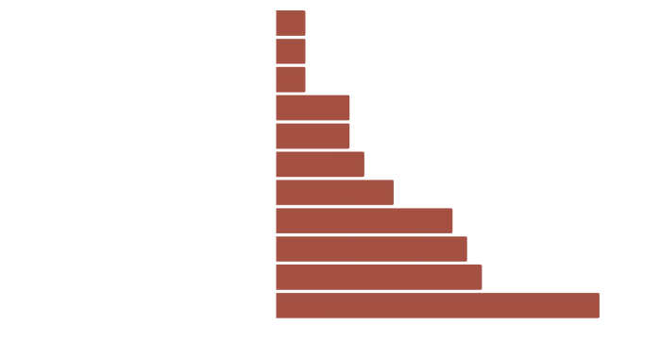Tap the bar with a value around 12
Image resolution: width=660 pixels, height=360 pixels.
pos(364,220)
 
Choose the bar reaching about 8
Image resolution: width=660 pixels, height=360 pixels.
pos(335,192)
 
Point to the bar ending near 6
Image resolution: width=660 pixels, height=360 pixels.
pos(321,163)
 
